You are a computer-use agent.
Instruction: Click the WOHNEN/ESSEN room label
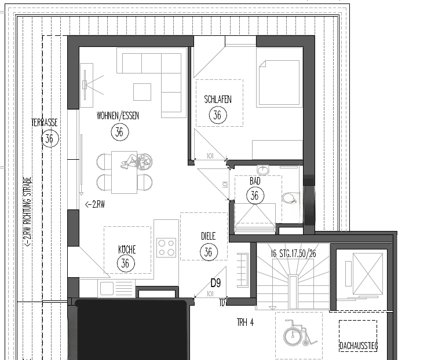pos(118,116)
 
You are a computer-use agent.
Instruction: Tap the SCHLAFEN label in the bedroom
pos(218,100)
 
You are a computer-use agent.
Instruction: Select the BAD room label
pos(255,181)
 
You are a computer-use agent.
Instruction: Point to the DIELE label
pos(208,236)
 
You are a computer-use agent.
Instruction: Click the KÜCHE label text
pos(127,249)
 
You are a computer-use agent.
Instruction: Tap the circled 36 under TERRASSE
pos(49,138)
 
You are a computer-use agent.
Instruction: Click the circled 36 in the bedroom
pos(217,115)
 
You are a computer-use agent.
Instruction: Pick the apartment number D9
pos(216,283)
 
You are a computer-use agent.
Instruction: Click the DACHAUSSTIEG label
pos(358,346)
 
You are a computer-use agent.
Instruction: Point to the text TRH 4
pos(245,322)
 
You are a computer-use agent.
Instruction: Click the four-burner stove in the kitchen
pos(166,248)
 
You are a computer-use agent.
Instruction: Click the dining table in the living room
pos(124,171)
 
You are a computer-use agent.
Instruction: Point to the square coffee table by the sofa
pos(142,91)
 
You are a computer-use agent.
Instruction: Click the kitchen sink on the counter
pos(108,288)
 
